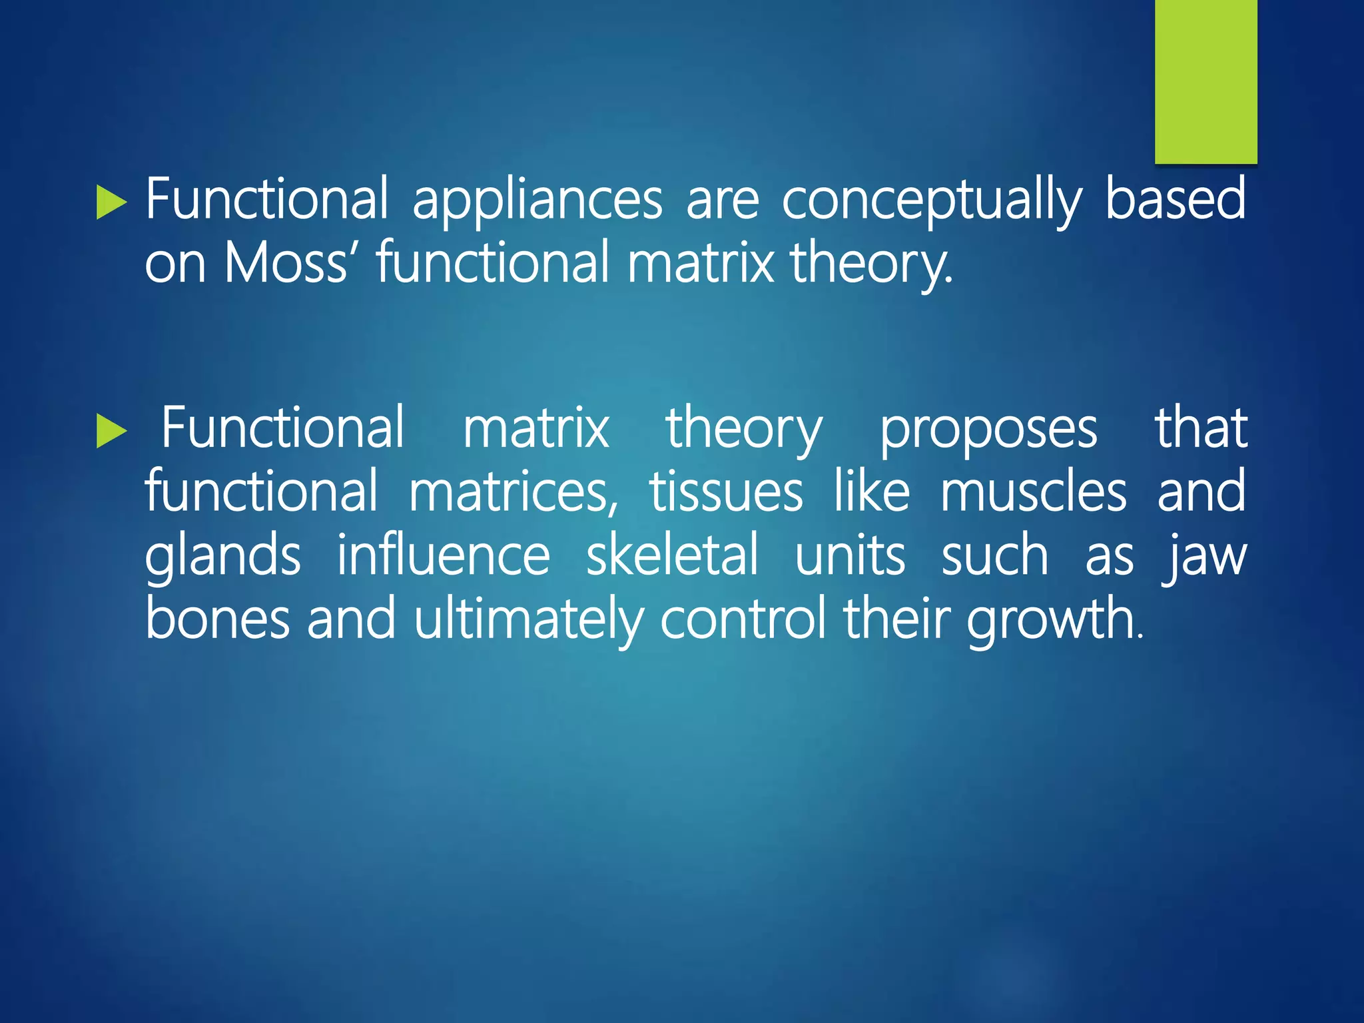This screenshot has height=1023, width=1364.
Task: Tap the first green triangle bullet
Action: point(110,202)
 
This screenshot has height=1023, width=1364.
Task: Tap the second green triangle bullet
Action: point(110,432)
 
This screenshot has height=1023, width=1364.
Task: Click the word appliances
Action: point(537,200)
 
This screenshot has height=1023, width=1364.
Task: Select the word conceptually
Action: point(932,200)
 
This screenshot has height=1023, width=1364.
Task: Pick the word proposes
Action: point(988,430)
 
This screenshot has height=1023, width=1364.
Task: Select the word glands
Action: point(222,557)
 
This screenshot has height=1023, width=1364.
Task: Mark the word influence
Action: point(443,555)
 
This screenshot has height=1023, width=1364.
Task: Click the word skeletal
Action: point(672,555)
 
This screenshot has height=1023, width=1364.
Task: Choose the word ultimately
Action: point(528,619)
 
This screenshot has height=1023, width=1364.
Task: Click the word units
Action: point(850,555)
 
